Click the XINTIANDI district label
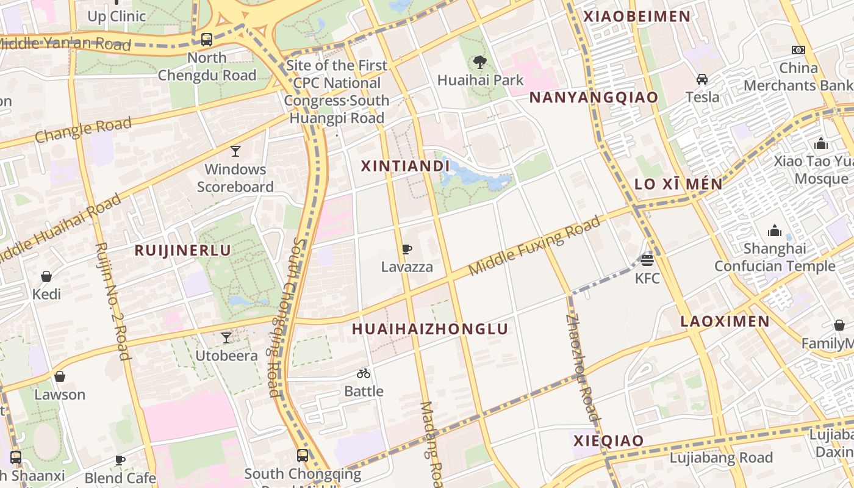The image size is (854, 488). pyautogui.click(x=405, y=166)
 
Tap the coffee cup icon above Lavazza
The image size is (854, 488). pyautogui.click(x=406, y=249)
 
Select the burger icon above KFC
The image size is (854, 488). pyautogui.click(x=647, y=260)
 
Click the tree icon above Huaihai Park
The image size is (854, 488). pyautogui.click(x=480, y=62)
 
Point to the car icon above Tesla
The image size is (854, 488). pyautogui.click(x=702, y=79)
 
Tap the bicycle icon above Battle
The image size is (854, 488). pyautogui.click(x=364, y=373)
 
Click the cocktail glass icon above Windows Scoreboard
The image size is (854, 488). pyautogui.click(x=235, y=151)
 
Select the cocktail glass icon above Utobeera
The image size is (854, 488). pyautogui.click(x=226, y=337)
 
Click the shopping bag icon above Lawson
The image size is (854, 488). pyautogui.click(x=60, y=376)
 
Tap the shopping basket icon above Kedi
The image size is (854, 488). pyautogui.click(x=46, y=276)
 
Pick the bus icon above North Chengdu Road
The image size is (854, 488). pyautogui.click(x=207, y=40)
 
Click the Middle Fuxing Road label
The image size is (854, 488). pyautogui.click(x=534, y=245)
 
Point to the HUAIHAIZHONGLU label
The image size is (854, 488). pyautogui.click(x=430, y=329)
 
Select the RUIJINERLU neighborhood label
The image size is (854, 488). pyautogui.click(x=183, y=250)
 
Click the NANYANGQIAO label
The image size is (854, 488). pyautogui.click(x=594, y=98)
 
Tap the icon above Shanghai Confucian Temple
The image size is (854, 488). pyautogui.click(x=775, y=231)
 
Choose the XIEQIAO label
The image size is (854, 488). pyautogui.click(x=609, y=441)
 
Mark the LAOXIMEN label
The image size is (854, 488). pyautogui.click(x=725, y=321)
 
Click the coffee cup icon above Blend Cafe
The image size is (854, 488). pyautogui.click(x=120, y=460)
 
